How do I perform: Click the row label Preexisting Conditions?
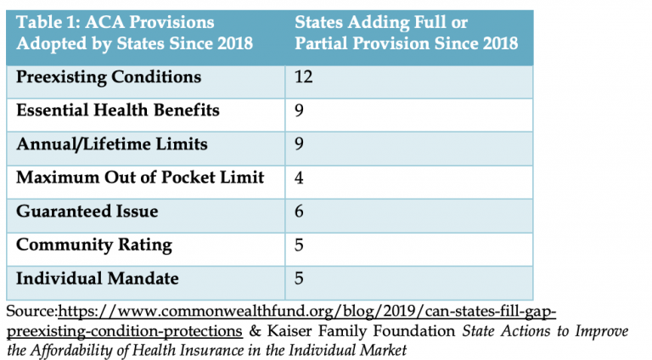pos(109,77)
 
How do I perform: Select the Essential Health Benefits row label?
pos(118,110)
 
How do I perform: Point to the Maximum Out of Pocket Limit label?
pos(140,177)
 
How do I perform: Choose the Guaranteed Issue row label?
pos(87,211)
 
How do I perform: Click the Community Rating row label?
pos(93,245)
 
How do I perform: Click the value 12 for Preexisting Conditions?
pos(302,77)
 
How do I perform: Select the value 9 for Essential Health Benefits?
pos(299,110)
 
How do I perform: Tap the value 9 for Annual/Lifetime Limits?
pos(299,144)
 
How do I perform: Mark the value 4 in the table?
pos(299,177)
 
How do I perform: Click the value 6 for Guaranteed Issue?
pos(299,211)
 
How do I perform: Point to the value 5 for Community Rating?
pos(299,245)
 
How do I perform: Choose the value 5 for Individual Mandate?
pos(299,278)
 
